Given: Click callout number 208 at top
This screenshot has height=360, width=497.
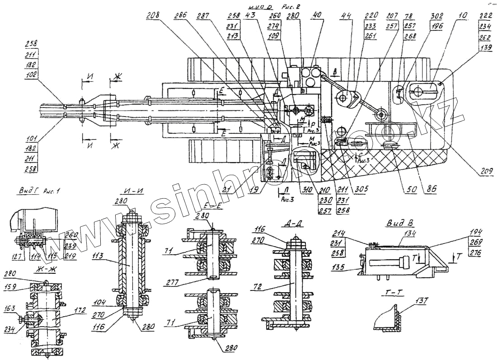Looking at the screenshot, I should (x=152, y=15).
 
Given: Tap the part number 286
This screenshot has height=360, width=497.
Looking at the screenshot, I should (x=181, y=15).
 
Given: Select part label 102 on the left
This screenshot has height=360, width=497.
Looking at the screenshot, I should (x=32, y=75).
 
